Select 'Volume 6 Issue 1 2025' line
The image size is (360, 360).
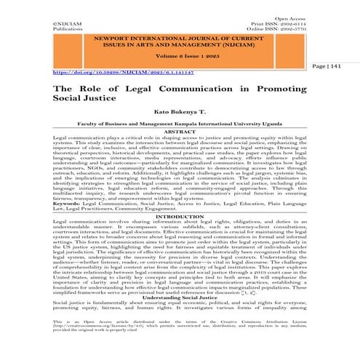[179, 65]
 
